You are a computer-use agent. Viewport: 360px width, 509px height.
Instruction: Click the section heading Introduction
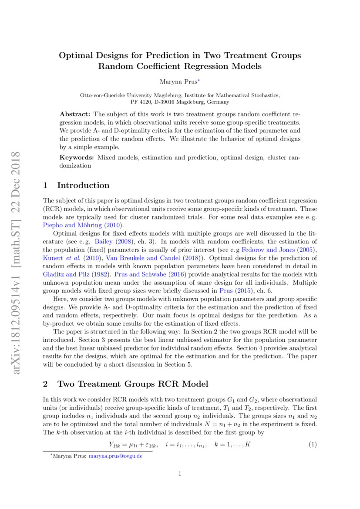tap(83, 185)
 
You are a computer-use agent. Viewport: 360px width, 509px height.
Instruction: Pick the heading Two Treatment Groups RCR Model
tap(133, 384)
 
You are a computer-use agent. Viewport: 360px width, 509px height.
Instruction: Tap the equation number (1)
tap(312, 445)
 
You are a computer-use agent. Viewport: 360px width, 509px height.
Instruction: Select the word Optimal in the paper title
tap(77, 56)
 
